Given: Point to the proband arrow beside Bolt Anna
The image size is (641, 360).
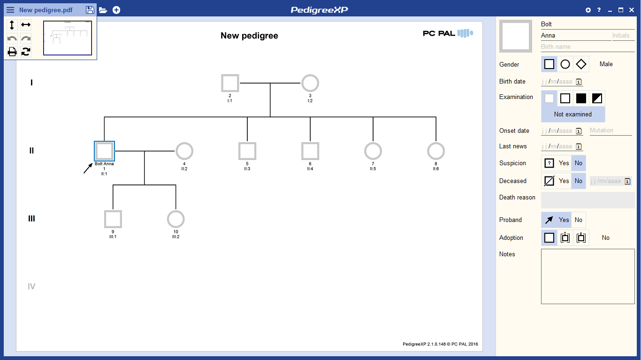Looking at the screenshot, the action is click(88, 169).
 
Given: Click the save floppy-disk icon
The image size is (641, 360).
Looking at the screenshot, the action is click(90, 10).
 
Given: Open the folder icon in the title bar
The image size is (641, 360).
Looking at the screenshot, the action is click(103, 10).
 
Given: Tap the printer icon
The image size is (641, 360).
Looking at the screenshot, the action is click(12, 52).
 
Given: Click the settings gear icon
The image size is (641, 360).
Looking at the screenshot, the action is click(588, 10).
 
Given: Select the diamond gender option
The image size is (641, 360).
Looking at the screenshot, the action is click(581, 64).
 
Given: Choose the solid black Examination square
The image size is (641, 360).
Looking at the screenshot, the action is click(581, 99).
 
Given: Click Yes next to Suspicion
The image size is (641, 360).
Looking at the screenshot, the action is click(564, 163).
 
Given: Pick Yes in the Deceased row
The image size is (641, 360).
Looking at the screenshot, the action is click(564, 181).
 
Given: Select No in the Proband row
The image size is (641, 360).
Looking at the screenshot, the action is click(578, 220).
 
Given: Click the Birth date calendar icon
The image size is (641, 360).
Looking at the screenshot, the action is click(579, 82).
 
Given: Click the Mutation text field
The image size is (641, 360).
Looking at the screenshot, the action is click(610, 130).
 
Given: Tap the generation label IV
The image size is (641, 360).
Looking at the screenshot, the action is click(31, 286).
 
